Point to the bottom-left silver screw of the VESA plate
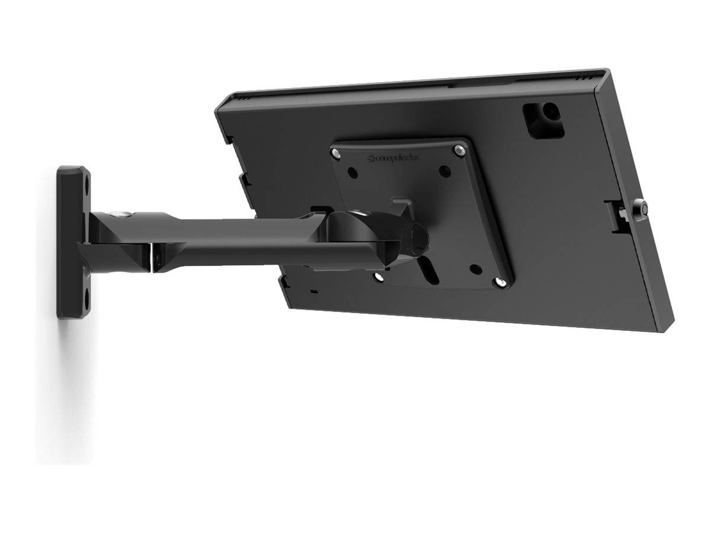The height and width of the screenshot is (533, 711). click(x=378, y=276)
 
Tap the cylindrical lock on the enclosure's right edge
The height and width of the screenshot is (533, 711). click(x=640, y=207)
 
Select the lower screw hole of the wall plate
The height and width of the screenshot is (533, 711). click(x=87, y=299)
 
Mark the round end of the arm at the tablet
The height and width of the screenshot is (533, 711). click(x=418, y=236)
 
